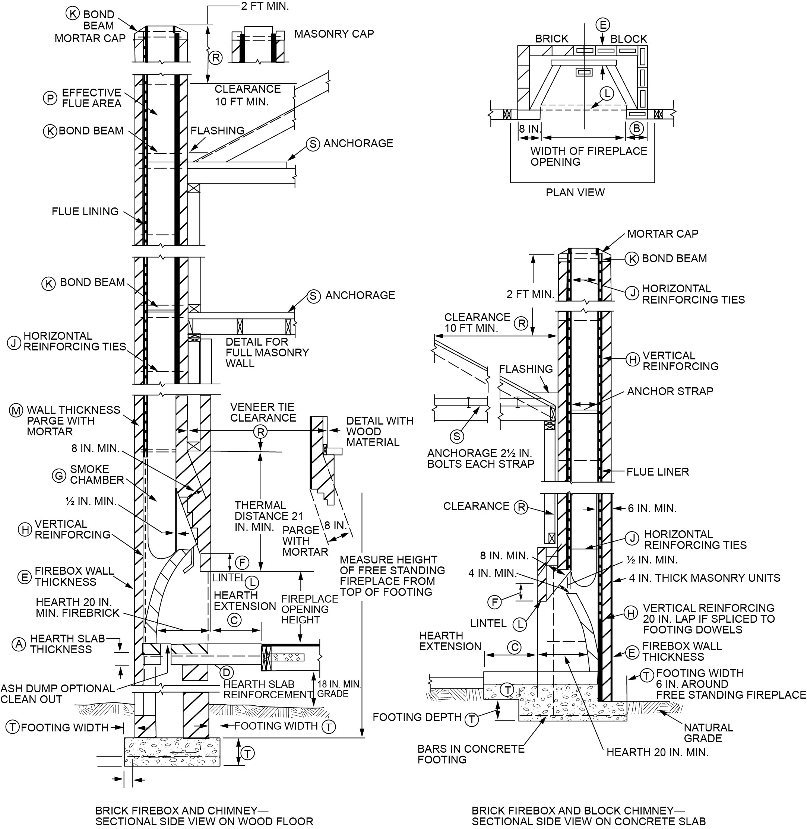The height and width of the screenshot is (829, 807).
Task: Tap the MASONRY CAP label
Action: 334,34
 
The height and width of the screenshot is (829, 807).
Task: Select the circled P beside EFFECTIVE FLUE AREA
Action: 50,98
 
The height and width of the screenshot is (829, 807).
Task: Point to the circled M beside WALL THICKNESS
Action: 16,410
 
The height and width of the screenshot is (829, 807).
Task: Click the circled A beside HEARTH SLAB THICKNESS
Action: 19,644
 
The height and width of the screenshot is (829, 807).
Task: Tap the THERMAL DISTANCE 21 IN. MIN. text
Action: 269,516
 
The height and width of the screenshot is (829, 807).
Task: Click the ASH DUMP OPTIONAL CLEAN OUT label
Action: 57,694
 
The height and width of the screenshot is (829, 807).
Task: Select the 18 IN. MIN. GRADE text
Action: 339,689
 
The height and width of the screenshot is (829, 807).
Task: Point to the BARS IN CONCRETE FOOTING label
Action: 471,754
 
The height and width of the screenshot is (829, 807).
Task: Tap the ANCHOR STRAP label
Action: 670,391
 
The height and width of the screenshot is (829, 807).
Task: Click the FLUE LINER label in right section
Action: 657,471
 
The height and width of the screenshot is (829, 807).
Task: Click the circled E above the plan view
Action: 602,25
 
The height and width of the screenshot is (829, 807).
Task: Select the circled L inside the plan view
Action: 607,93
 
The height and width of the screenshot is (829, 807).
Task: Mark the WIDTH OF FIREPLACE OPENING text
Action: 588,156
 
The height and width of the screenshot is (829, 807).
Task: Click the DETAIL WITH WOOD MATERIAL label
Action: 379,431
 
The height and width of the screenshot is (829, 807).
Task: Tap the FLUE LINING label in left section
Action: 85,212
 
